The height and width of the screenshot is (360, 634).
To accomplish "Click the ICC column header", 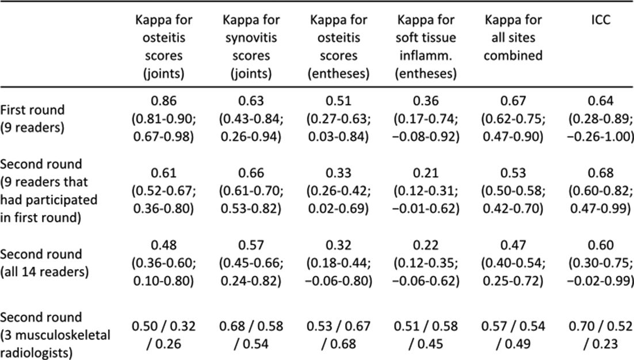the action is pyautogui.click(x=601, y=20).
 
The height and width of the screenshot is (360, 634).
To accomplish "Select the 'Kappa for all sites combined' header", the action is pyautogui.click(x=513, y=37).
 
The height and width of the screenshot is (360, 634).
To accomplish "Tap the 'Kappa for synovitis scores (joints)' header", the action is pyautogui.click(x=251, y=46).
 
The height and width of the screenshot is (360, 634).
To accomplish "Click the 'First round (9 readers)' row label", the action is pyautogui.click(x=32, y=118).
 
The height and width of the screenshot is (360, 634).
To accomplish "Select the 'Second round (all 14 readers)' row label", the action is pyautogui.click(x=44, y=263).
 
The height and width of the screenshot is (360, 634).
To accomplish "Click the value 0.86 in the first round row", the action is pyautogui.click(x=164, y=101).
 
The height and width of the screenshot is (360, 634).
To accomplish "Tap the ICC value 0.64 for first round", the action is pyautogui.click(x=601, y=101).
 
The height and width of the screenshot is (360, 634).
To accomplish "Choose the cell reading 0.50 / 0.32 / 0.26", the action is pyautogui.click(x=164, y=335).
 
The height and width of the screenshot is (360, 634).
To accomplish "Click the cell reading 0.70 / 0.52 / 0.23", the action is pyautogui.click(x=601, y=335).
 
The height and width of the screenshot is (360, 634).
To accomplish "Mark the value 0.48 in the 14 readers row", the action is pyautogui.click(x=164, y=245).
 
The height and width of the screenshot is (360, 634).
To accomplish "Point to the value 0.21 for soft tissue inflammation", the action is pyautogui.click(x=426, y=173).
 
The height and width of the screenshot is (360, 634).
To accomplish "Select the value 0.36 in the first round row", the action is pyautogui.click(x=426, y=101).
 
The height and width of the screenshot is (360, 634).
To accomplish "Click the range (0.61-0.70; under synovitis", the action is pyautogui.click(x=251, y=190).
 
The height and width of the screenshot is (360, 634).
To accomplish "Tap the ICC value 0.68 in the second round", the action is pyautogui.click(x=601, y=173).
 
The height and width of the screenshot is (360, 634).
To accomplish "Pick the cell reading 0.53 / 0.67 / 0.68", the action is pyautogui.click(x=338, y=335).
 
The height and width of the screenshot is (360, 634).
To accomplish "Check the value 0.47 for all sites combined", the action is pyautogui.click(x=513, y=245).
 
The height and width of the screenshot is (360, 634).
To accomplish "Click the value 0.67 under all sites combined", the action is pyautogui.click(x=513, y=101).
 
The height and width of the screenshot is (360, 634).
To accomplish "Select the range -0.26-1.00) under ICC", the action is pyautogui.click(x=601, y=136).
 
